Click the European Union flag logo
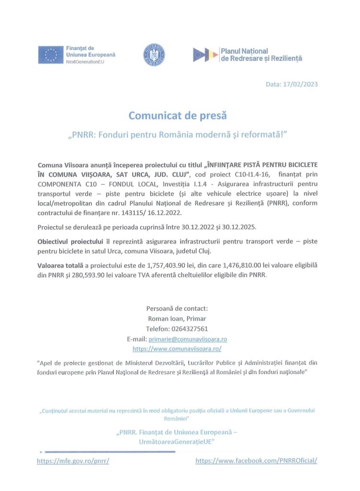[x=51, y=55]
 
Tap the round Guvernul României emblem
[x=154, y=55]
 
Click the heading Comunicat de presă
[x=177, y=116]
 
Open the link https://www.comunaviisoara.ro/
[x=177, y=349]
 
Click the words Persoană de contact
[x=177, y=308]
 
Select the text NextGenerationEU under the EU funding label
[x=85, y=63]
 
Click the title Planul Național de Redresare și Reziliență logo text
[x=261, y=55]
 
